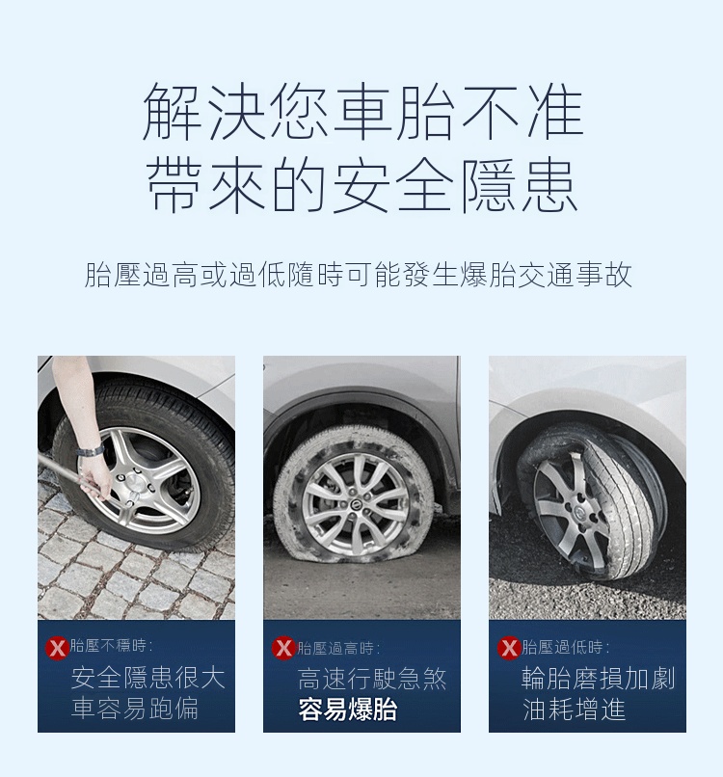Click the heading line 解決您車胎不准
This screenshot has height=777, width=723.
(362, 112)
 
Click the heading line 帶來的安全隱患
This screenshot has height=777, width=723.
(362, 185)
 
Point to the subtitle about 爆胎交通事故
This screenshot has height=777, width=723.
(359, 275)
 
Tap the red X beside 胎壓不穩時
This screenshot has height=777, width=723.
(57, 648)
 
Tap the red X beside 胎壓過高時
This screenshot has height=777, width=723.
(283, 648)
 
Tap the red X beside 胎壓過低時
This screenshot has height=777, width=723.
(509, 648)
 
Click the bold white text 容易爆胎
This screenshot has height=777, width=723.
(348, 710)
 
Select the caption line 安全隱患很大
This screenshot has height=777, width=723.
(148, 678)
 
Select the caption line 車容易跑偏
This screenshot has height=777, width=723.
(135, 709)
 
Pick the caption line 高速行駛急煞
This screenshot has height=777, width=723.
(373, 679)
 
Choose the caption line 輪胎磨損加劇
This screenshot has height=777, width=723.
(598, 679)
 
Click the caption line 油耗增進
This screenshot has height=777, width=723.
(574, 709)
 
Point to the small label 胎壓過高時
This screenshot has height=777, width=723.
(338, 648)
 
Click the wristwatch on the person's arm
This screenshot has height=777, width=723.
(92, 451)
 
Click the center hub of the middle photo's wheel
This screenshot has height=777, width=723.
(356, 504)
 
